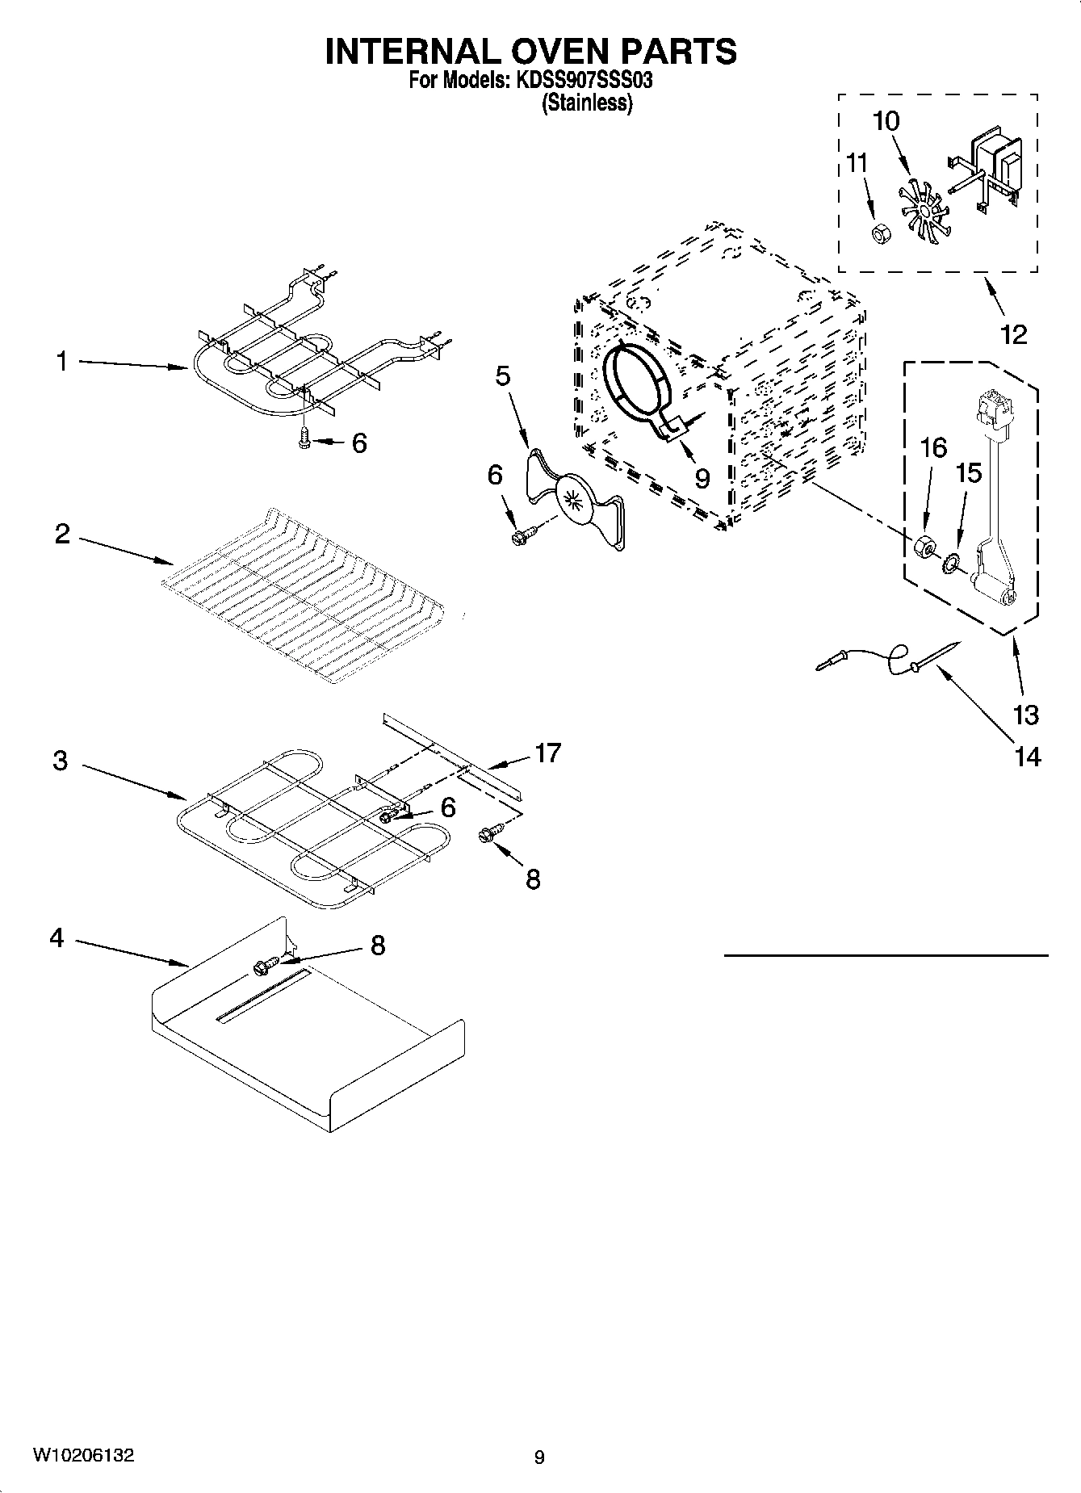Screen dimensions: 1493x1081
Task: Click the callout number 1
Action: coord(61,361)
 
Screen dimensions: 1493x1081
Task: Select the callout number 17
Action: coord(547,753)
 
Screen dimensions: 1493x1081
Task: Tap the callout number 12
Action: coord(1013,333)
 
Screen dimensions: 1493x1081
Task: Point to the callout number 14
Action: coord(1027,757)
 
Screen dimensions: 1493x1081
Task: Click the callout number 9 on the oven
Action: coord(702,479)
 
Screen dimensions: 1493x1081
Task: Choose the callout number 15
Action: coord(968,472)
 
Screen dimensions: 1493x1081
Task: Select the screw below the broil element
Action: coord(305,438)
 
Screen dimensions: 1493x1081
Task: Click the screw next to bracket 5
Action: coord(521,535)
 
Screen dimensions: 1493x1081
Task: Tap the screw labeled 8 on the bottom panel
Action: coord(265,964)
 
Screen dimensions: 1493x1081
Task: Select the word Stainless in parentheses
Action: coord(587,103)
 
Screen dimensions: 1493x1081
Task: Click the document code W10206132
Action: coord(83,1455)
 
